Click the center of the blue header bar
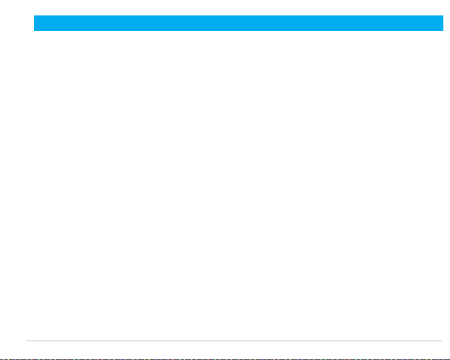[x=238, y=23]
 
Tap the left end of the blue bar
[x=35, y=23]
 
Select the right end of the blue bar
[x=443, y=23]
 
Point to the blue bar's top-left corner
[x=34, y=16]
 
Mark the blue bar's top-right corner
[x=443, y=16]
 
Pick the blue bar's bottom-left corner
[x=34, y=30]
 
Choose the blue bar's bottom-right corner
[x=443, y=30]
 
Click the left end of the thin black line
[x=26, y=341]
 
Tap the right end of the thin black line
[x=442, y=341]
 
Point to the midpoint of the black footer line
[x=234, y=341]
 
